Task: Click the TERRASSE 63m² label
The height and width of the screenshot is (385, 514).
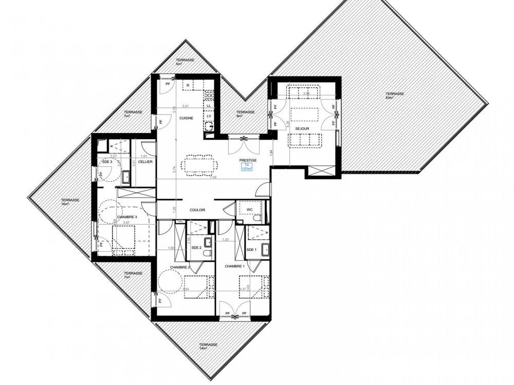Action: [x=396, y=95]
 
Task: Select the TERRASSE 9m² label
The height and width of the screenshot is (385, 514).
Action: [x=245, y=114]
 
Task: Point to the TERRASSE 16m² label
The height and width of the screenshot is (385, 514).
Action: [x=70, y=202]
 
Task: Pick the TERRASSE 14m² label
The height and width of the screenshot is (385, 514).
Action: [x=208, y=346]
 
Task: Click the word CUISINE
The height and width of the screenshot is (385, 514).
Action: [x=186, y=118]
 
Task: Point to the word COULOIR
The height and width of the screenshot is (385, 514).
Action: [x=197, y=209]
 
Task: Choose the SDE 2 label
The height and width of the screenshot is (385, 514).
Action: [x=196, y=248]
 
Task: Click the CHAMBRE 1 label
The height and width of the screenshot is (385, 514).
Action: [x=234, y=267]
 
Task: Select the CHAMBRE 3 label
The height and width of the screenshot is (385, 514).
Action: [x=127, y=217]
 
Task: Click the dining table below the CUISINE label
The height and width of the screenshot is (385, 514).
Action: [x=199, y=164]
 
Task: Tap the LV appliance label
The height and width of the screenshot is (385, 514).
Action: [x=209, y=116]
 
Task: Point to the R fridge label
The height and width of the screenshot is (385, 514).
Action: [x=188, y=85]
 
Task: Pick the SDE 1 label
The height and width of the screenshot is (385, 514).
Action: [x=251, y=249]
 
